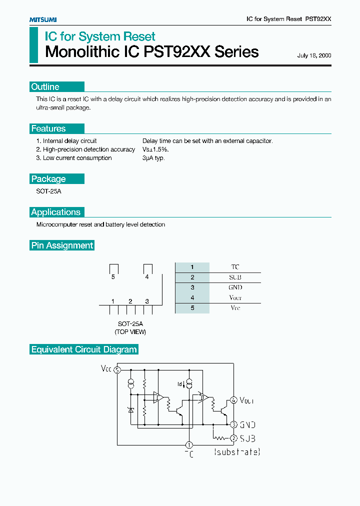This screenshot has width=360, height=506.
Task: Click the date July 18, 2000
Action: click(x=314, y=55)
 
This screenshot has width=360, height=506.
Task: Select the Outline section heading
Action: click(x=45, y=87)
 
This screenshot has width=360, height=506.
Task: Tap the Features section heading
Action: click(x=48, y=128)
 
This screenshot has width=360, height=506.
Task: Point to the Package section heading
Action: click(x=48, y=179)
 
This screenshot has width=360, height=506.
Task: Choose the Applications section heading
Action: click(x=55, y=212)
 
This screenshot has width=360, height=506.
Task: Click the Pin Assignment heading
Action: click(x=62, y=245)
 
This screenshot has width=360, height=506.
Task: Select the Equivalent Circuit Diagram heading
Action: click(x=84, y=349)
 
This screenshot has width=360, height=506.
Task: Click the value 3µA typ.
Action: click(x=153, y=158)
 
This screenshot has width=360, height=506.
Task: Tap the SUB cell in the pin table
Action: click(x=235, y=277)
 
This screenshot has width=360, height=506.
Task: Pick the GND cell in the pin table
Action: click(x=235, y=287)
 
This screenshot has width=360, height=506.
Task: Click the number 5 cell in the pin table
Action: click(x=192, y=308)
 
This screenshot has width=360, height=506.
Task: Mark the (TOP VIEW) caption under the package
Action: click(x=130, y=332)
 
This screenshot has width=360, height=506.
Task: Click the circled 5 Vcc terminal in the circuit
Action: click(x=117, y=370)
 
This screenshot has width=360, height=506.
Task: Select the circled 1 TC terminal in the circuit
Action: click(x=189, y=445)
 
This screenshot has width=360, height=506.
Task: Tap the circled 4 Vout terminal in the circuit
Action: click(x=233, y=400)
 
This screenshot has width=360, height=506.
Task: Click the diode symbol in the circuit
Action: click(x=131, y=410)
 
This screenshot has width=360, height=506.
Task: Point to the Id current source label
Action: click(x=180, y=384)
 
